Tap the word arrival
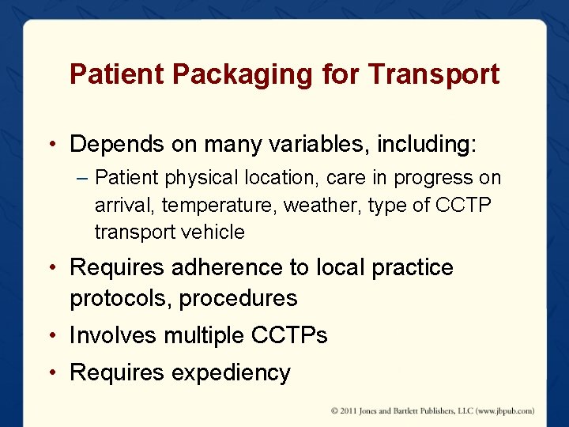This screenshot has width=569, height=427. [124, 206]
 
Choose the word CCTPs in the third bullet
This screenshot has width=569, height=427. [288, 335]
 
